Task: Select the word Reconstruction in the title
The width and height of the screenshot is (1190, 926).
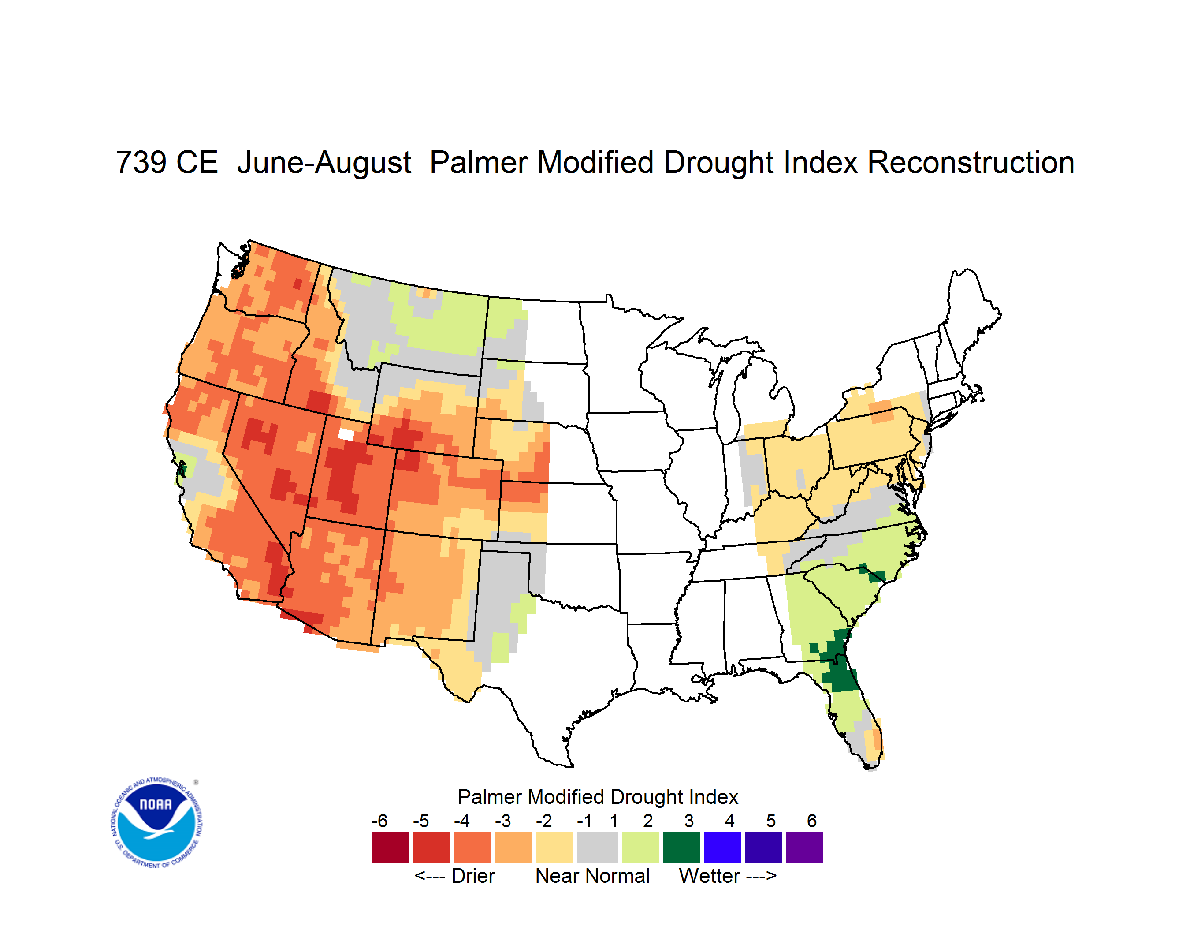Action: (971, 162)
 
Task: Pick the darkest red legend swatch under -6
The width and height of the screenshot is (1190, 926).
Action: (390, 847)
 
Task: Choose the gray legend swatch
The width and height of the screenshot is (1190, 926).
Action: (597, 847)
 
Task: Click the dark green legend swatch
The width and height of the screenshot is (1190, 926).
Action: (681, 847)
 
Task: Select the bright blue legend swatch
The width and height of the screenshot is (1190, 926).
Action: (722, 847)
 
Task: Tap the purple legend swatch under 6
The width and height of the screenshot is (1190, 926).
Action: (804, 847)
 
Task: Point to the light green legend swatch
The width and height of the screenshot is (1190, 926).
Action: (640, 847)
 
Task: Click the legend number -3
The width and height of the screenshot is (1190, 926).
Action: (502, 820)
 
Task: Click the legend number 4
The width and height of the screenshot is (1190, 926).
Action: (729, 820)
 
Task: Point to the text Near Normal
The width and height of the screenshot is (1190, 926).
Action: (592, 876)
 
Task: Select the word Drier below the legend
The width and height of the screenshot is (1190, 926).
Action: (473, 876)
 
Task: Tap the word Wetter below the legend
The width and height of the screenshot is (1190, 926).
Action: (709, 876)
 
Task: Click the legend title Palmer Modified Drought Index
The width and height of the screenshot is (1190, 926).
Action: (598, 797)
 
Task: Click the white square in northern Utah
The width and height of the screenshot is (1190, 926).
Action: (346, 434)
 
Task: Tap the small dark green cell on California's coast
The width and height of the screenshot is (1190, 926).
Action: (182, 469)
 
